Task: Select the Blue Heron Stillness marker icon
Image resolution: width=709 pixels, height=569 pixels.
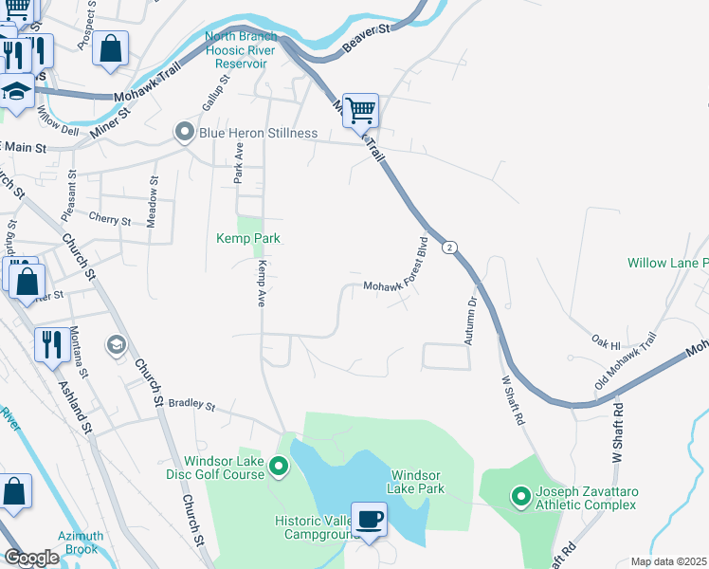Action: click(x=184, y=133)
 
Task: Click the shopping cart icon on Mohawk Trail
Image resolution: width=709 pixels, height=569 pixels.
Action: click(x=360, y=110)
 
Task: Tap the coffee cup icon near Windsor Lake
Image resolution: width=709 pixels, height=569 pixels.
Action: click(x=369, y=519)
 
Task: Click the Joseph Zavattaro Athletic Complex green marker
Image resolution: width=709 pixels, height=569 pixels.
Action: click(x=520, y=495)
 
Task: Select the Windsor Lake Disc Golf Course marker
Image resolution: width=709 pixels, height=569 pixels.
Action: click(x=279, y=467)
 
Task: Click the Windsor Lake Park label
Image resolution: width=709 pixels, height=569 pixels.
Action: click(x=418, y=481)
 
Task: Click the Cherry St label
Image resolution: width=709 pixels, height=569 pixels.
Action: click(x=109, y=220)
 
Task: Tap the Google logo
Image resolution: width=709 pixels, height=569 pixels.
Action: click(x=31, y=558)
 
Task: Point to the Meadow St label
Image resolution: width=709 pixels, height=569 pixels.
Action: click(x=152, y=200)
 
